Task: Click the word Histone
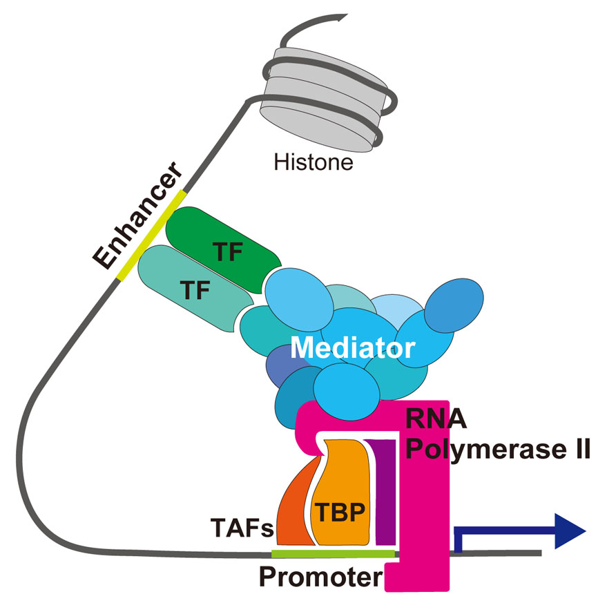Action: pyautogui.click(x=314, y=164)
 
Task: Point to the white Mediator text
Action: pyautogui.click(x=352, y=347)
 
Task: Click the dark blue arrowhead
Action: pyautogui.click(x=570, y=532)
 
